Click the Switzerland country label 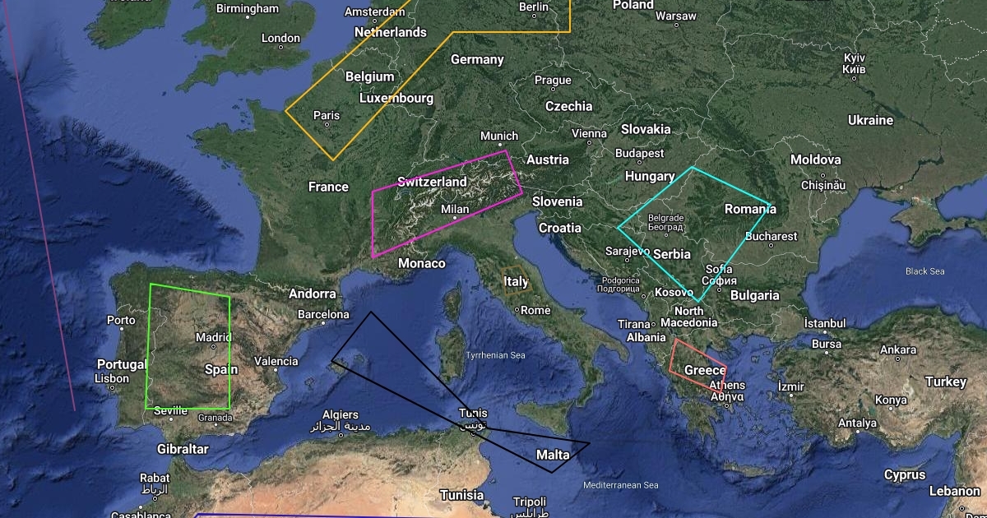(x=432, y=182)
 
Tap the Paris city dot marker (x=327, y=126)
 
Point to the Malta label (x=553, y=455)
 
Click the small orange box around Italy (x=516, y=282)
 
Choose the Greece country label (x=705, y=370)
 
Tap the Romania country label (x=750, y=210)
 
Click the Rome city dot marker (x=517, y=310)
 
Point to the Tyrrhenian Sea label (x=495, y=355)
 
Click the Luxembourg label (x=396, y=98)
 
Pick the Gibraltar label (x=183, y=449)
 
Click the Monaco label (x=421, y=263)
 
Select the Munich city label (x=499, y=136)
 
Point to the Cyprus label (x=905, y=474)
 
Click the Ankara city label (x=898, y=349)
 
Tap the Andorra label (x=313, y=294)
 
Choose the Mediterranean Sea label (x=620, y=485)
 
